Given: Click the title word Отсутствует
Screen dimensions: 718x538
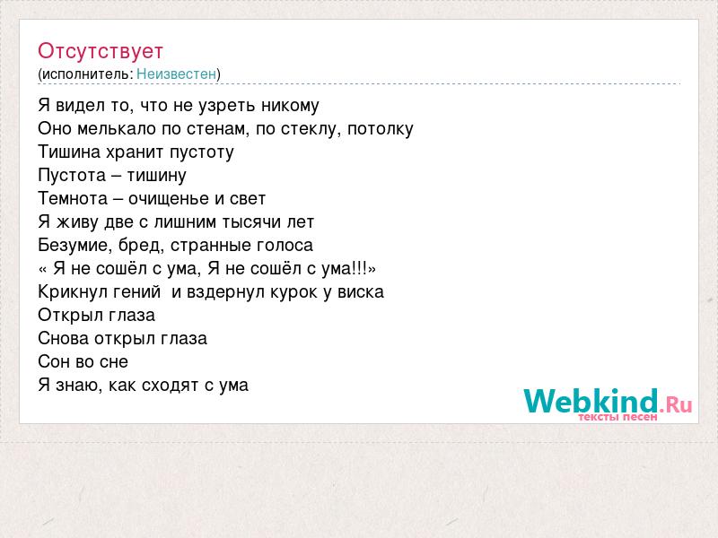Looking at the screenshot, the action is pos(101,51).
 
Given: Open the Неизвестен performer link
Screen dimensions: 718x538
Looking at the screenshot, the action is pos(176,74).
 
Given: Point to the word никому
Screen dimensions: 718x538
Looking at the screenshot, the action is pos(290,106).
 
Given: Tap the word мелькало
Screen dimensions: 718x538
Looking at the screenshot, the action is pos(117,128).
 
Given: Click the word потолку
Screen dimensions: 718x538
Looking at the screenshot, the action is pos(381,129).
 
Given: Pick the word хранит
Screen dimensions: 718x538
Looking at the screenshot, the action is pos(136,152).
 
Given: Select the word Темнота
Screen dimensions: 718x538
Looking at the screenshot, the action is pos(73,198).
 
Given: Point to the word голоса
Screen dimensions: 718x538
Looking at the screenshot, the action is pos(285,246).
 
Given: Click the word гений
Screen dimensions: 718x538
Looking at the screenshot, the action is pos(136,292).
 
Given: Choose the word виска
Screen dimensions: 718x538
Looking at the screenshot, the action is pos(361,292).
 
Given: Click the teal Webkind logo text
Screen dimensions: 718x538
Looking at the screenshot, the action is pos(591,401).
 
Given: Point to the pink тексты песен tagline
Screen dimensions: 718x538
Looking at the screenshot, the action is pos(617,417).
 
